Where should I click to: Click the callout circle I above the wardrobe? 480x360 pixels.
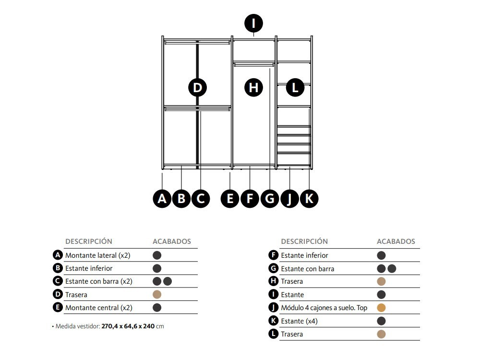click(x=253, y=23)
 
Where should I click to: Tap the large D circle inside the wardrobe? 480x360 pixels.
click(x=197, y=88)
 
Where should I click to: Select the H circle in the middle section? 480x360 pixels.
click(x=253, y=88)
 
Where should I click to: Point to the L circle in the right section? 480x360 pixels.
click(x=295, y=88)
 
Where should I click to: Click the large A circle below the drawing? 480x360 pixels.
click(x=162, y=198)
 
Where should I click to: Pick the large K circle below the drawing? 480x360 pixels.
click(x=309, y=198)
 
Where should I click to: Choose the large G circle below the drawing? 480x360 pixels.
click(x=269, y=198)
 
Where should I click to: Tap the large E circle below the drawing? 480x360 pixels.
click(x=230, y=198)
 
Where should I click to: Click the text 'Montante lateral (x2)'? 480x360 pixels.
click(x=98, y=255)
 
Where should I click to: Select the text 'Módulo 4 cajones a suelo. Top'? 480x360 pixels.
click(x=324, y=308)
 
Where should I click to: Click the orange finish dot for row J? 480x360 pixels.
click(x=382, y=308)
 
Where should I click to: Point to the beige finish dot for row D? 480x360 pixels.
click(x=157, y=295)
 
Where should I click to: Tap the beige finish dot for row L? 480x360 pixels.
click(x=382, y=334)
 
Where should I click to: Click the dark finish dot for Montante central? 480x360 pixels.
click(x=157, y=308)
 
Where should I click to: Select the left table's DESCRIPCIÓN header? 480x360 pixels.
click(x=89, y=241)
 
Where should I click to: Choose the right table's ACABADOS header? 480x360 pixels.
click(x=396, y=241)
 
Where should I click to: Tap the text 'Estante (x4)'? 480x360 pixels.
click(x=299, y=321)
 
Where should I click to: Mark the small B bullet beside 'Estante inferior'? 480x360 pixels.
click(x=58, y=268)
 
